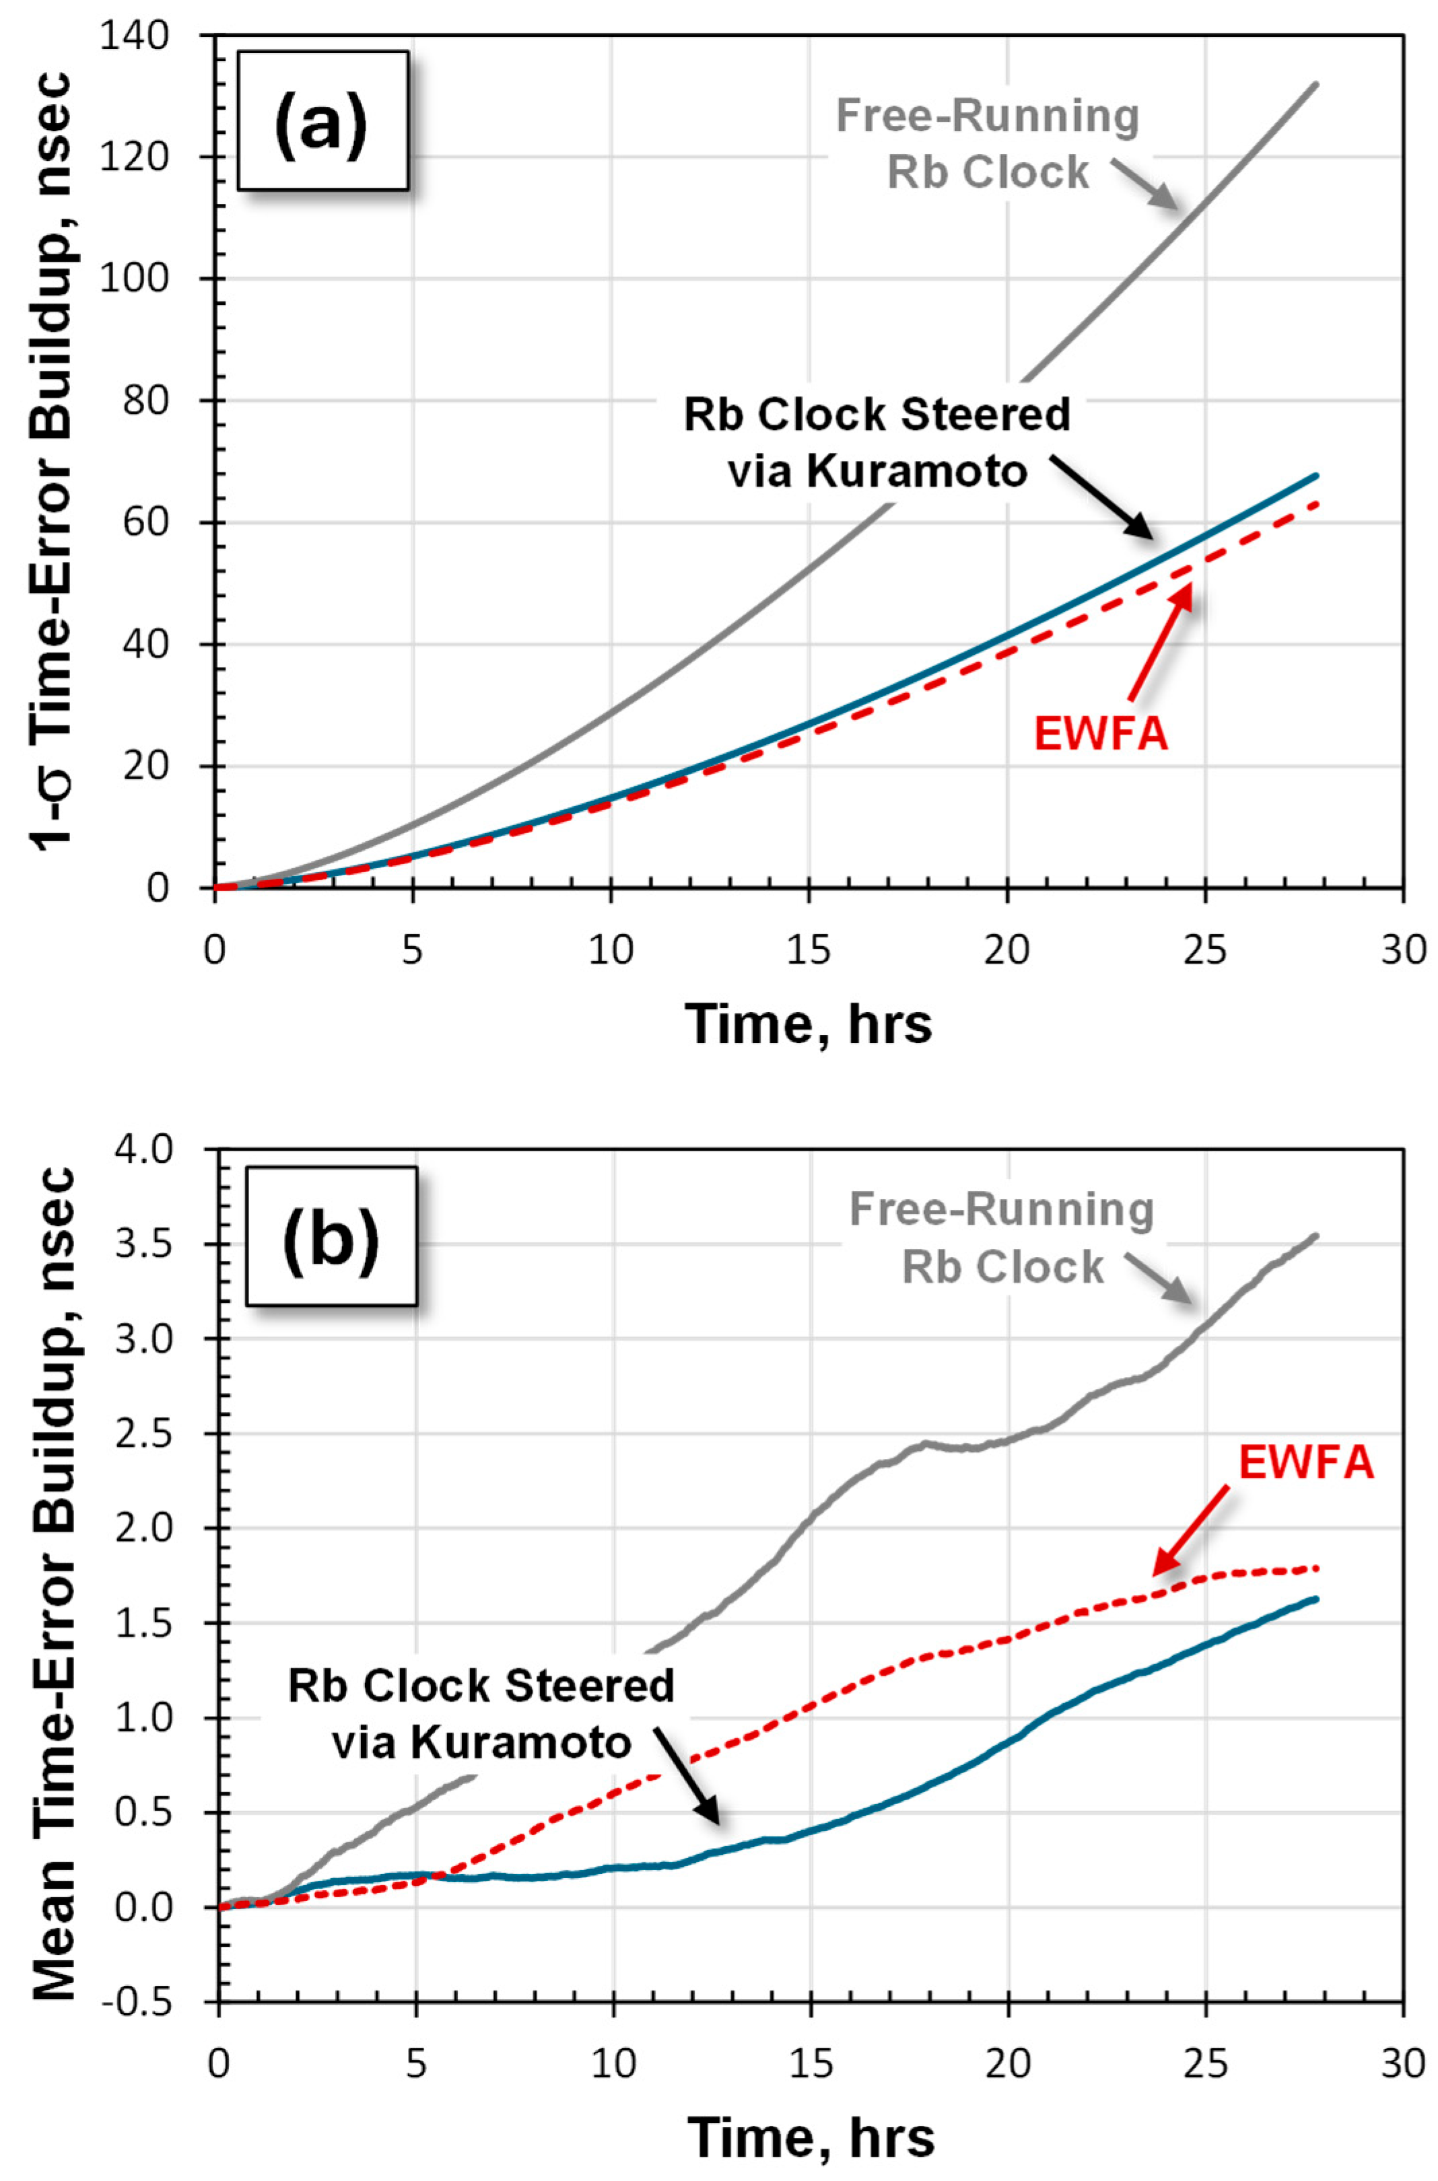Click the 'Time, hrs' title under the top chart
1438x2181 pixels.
pos(809,1023)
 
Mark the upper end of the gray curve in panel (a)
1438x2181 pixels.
pos(1315,84)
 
